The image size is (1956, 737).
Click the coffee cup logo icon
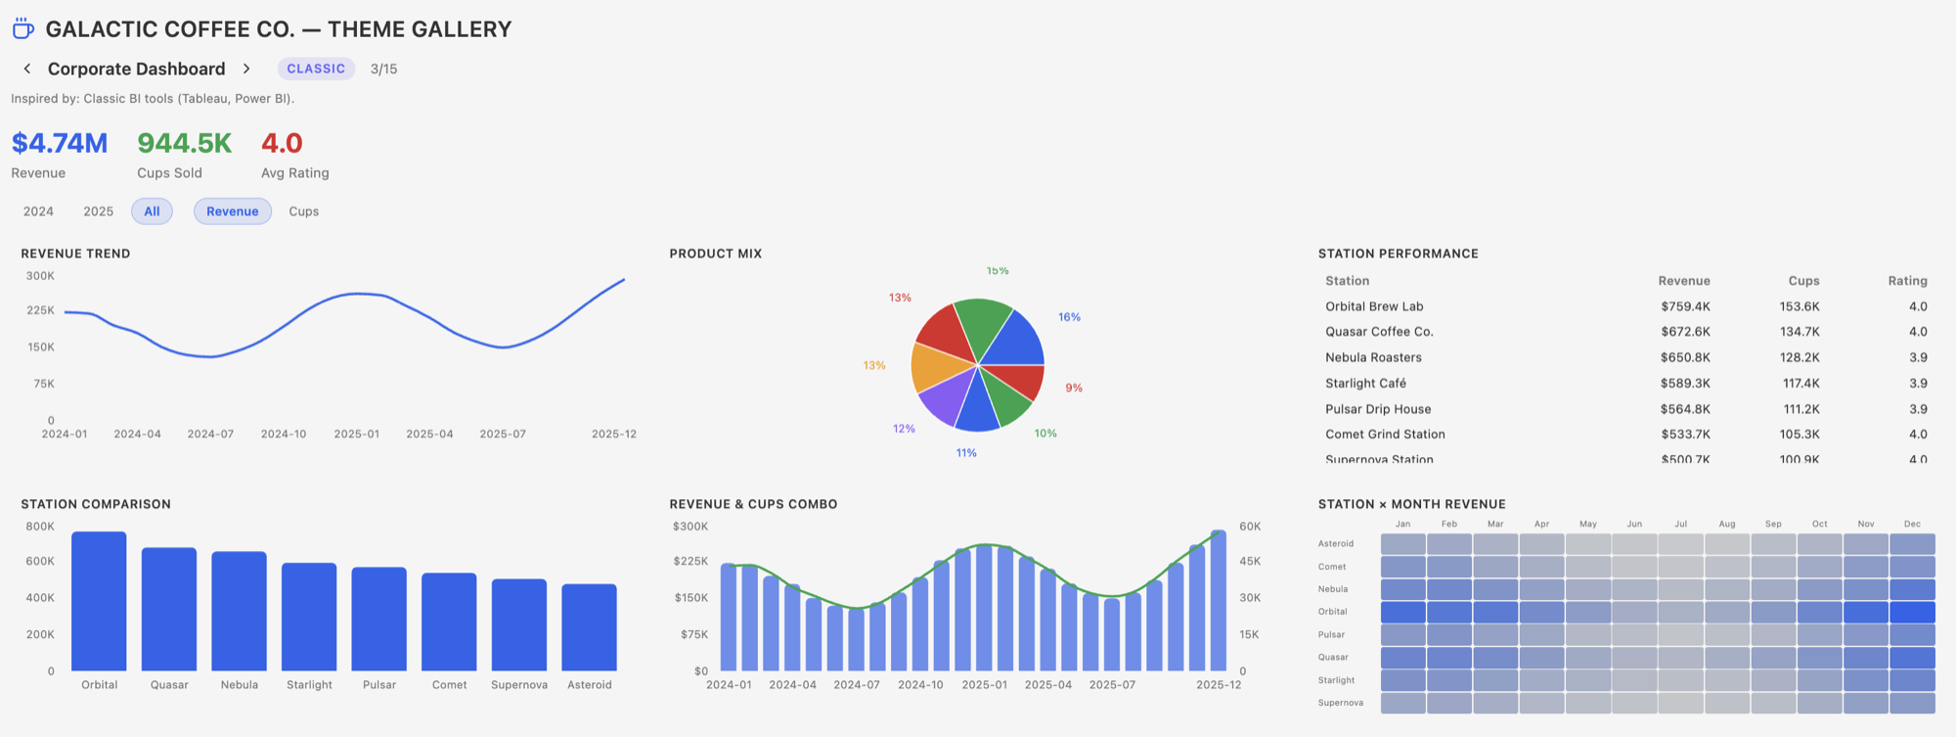tap(22, 29)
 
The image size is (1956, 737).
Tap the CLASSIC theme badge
tap(316, 69)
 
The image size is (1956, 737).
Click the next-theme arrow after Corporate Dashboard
tap(246, 69)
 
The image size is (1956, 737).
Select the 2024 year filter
tap(38, 211)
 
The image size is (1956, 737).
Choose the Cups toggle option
tap(303, 211)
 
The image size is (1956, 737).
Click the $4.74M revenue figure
tap(60, 143)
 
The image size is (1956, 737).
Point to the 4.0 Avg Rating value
tap(282, 143)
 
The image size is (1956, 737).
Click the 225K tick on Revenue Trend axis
tap(40, 310)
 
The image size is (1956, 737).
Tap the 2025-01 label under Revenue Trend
tap(356, 434)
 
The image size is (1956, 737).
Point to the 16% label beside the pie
tap(1069, 317)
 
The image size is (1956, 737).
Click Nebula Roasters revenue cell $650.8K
tap(1684, 357)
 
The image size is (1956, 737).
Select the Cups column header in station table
tap(1803, 281)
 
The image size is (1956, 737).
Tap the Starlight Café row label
tap(1365, 383)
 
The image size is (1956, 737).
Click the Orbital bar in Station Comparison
tap(99, 602)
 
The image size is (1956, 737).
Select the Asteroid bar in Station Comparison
tap(589, 627)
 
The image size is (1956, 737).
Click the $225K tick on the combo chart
tap(690, 561)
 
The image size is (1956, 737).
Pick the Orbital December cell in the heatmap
tap(1912, 612)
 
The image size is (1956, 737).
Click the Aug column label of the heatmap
tap(1727, 524)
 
